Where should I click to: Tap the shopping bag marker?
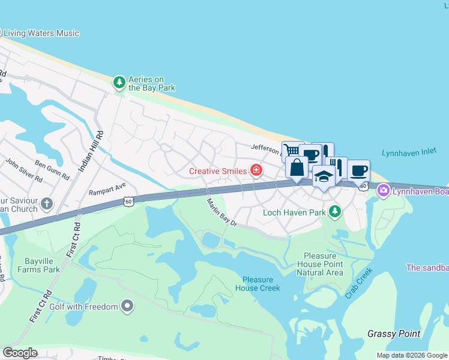pos(297,168)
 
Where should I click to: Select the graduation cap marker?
pos(324,176)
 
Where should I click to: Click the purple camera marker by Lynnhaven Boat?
pos(383,191)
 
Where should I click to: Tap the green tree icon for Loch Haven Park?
pos(335,211)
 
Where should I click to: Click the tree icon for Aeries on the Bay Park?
pos(119,82)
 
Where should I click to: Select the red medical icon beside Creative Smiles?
pos(256,171)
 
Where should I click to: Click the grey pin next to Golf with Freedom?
pos(127,307)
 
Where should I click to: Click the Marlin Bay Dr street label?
pos(223,213)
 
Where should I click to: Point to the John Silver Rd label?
pos(25,170)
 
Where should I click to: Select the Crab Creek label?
pos(359,283)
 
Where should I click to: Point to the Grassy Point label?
pos(393,334)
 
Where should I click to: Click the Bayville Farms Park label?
pos(43,265)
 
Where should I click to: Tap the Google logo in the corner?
pos(20,353)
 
